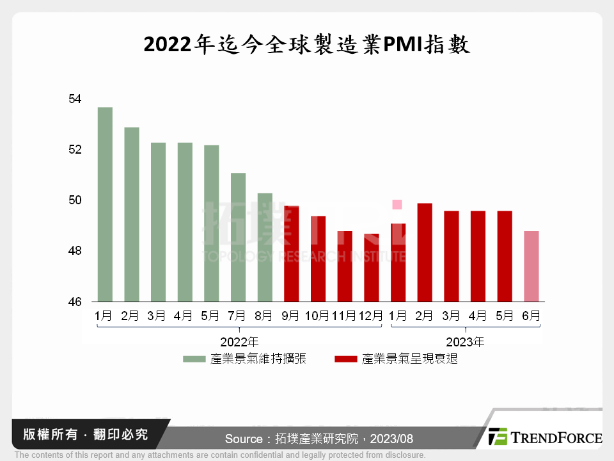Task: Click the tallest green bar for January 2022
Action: [x=105, y=204]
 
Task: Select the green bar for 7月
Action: [x=238, y=237]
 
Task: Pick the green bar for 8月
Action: [x=265, y=247]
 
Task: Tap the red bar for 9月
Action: [x=291, y=254]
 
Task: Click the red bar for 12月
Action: [x=371, y=268]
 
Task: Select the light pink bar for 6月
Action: [x=531, y=266]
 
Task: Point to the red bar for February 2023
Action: [x=425, y=252]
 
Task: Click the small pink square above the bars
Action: [x=397, y=204]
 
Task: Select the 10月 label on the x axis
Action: [x=318, y=316]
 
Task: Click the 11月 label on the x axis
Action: [x=344, y=316]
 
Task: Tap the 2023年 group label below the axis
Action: [x=464, y=342]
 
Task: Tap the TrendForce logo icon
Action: [x=497, y=437]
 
